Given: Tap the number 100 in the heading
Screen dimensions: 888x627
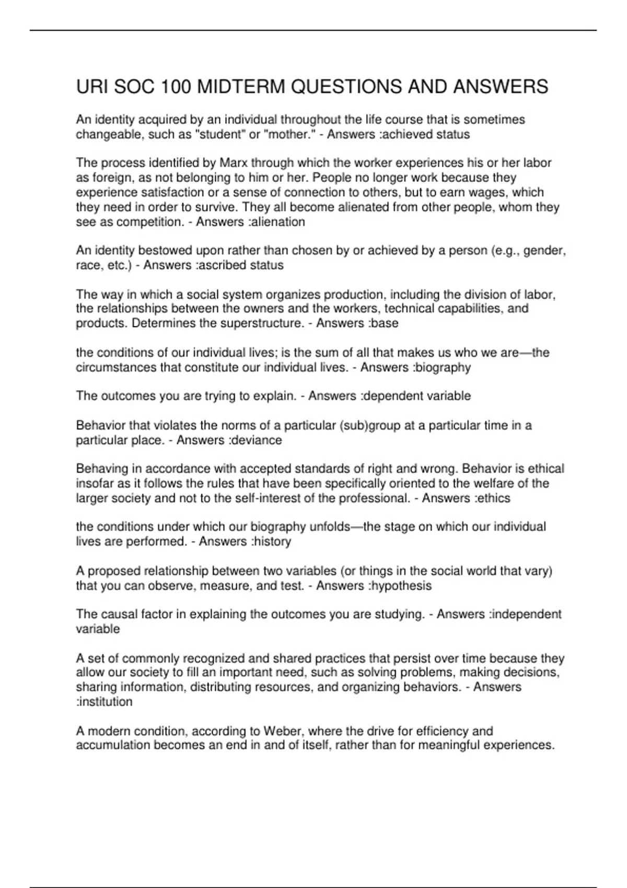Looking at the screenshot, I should point(176,86).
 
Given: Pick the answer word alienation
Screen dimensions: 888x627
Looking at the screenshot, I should point(278,222).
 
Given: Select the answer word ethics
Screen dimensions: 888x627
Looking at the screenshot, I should point(494,498).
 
